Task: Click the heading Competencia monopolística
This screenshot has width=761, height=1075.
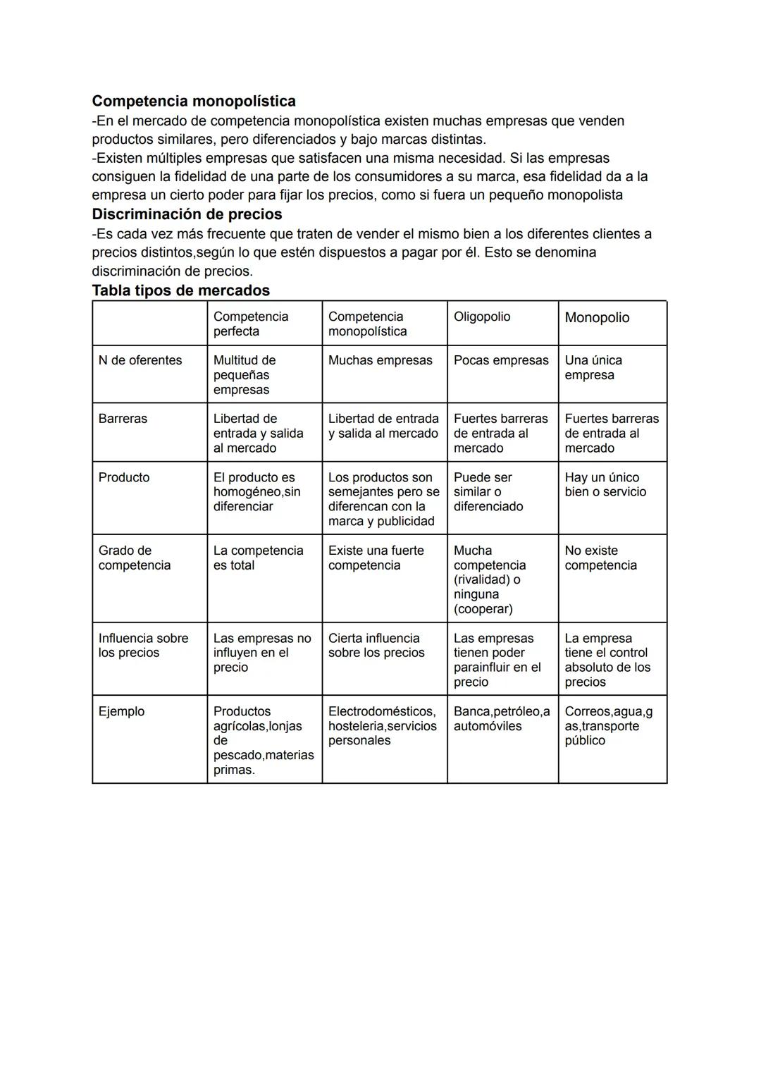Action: click(x=194, y=102)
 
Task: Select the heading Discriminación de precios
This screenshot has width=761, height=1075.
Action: click(x=187, y=214)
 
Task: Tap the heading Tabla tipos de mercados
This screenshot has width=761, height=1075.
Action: click(x=180, y=290)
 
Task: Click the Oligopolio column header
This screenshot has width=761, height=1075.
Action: click(x=482, y=317)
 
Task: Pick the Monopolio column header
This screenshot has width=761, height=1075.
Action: click(x=597, y=318)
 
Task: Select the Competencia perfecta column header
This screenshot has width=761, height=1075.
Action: click(x=251, y=324)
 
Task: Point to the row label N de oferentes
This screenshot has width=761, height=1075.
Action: click(x=140, y=360)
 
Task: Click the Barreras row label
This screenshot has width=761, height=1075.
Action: click(x=123, y=419)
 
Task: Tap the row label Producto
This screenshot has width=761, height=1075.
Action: click(x=124, y=477)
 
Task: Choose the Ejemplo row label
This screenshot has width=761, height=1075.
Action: click(x=121, y=711)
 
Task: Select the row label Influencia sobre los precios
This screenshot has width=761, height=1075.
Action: click(x=143, y=646)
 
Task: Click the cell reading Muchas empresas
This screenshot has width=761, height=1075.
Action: click(x=380, y=360)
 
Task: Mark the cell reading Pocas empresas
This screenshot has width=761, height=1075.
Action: click(x=501, y=360)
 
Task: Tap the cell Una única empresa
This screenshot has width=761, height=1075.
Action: click(x=593, y=368)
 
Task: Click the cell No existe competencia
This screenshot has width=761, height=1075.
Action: click(x=600, y=558)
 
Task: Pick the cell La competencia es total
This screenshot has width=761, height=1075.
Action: click(x=258, y=558)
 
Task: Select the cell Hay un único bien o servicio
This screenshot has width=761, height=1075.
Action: click(x=605, y=485)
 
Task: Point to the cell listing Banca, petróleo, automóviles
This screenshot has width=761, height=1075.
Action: click(x=501, y=719)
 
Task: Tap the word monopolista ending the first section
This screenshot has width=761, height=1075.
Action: click(x=585, y=195)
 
